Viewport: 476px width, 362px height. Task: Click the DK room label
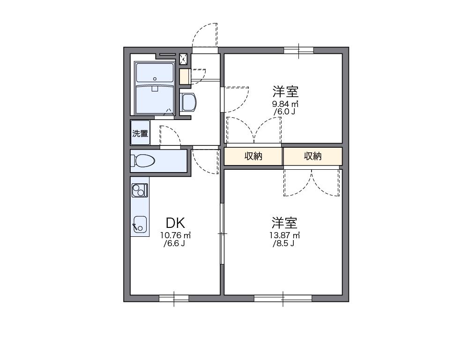[175, 222]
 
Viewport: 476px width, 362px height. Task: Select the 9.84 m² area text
[286, 104]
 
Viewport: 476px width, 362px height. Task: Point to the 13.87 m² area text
[285, 235]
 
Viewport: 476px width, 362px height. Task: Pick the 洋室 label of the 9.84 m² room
[286, 91]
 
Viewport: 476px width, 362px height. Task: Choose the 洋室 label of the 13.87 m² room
[285, 222]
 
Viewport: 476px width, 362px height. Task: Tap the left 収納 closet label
[253, 156]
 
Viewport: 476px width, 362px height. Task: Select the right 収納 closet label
[312, 156]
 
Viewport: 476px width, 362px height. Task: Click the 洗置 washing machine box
[140, 133]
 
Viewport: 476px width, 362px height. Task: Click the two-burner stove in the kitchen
[139, 190]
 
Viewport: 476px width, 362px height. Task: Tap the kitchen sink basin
[140, 224]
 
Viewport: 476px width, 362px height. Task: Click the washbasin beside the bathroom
[188, 102]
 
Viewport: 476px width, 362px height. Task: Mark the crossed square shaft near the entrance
[184, 59]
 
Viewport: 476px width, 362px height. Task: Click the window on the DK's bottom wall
[174, 298]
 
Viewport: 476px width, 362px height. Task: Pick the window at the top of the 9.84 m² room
[298, 50]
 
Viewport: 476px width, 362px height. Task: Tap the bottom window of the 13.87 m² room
[283, 298]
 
